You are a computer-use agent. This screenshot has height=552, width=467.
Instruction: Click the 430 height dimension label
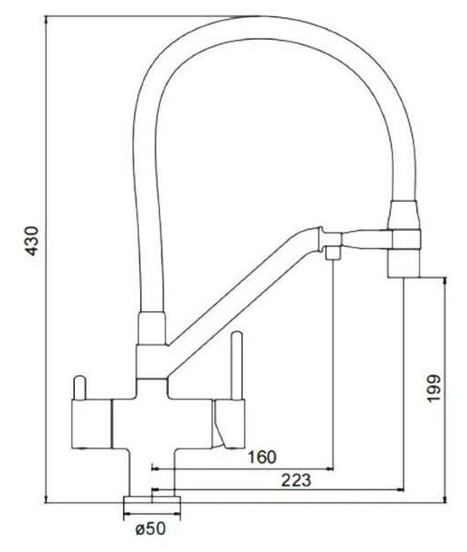pos(33,241)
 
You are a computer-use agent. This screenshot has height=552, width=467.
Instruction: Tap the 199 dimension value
pos(434,389)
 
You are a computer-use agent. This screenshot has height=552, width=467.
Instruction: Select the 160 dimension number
pos(263,457)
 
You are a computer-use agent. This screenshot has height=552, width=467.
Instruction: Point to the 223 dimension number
pos(296,480)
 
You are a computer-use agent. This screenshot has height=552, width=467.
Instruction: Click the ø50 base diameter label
pos(151,529)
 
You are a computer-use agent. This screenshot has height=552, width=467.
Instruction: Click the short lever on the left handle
pos(79,388)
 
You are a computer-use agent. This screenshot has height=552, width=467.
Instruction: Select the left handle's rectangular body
pos(91,424)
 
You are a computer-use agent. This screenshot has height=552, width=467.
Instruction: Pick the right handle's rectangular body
pos(229,424)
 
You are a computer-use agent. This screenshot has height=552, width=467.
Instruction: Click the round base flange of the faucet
pos(152,501)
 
